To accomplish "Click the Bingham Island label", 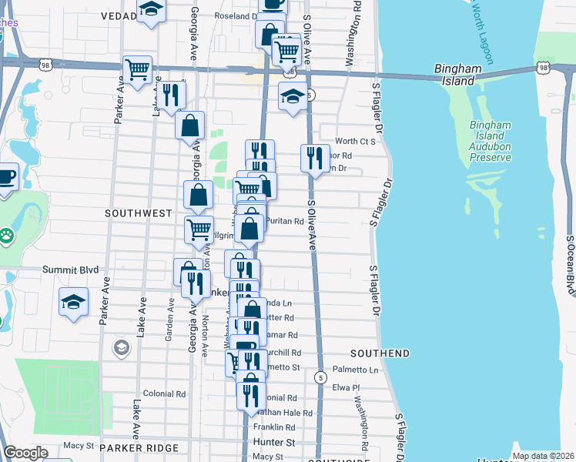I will pos(457,74).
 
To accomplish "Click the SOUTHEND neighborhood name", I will pos(380,353).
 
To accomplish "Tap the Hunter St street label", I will pos(274,443).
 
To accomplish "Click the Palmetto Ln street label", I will pos(355,370).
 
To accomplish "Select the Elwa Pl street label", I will pos(345,388).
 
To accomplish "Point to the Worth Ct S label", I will pos(355,142).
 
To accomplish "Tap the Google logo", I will pos(25,454).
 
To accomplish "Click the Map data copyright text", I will pos(542,456).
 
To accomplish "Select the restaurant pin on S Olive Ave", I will pos(314,159).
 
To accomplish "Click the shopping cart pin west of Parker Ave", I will pos(137,70).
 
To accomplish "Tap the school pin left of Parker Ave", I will pos(73,301).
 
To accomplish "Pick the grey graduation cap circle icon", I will pos(122,348).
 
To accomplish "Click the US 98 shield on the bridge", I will pos(544,69).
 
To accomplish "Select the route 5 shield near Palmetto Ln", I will pos(320,377).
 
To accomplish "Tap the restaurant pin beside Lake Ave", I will pos(171,95).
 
